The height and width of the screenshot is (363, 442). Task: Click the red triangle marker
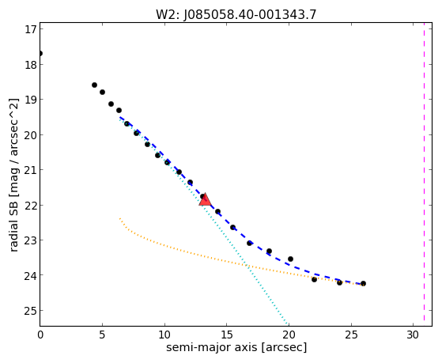pos(205,199)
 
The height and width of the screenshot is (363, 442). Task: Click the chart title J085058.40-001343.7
pos(251,15)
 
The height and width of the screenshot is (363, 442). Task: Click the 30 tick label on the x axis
pos(413,335)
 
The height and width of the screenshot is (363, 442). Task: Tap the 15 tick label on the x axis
pos(227,335)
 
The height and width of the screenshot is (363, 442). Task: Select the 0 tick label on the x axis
pos(40,335)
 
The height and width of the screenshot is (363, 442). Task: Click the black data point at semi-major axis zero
pos(40,53)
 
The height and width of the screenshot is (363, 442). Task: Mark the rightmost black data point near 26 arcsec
pos(363,283)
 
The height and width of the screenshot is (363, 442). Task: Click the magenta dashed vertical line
pos(424,174)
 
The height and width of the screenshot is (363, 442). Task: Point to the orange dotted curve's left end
pos(120,218)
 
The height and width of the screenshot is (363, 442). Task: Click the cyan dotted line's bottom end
pos(288,323)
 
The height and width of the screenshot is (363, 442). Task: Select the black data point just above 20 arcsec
pos(290,259)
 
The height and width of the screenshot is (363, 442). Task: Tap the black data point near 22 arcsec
pos(314,279)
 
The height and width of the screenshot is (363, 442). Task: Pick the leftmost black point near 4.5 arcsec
pos(94,85)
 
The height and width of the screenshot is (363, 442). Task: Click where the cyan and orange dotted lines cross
pos(247,265)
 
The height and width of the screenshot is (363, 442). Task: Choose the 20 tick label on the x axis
pos(289,335)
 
